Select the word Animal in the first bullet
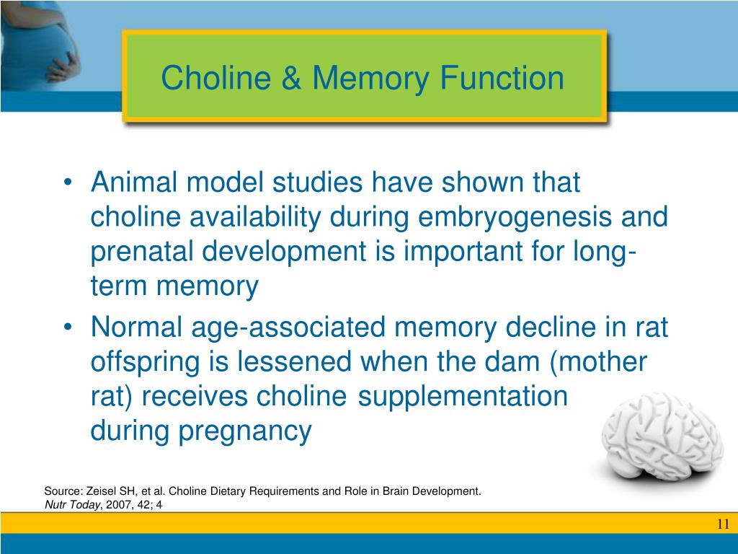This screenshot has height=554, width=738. point(136,183)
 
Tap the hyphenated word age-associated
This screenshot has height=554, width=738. point(289,327)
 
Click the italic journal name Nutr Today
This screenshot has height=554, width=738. point(71,505)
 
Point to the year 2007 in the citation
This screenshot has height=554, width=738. point(117,505)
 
